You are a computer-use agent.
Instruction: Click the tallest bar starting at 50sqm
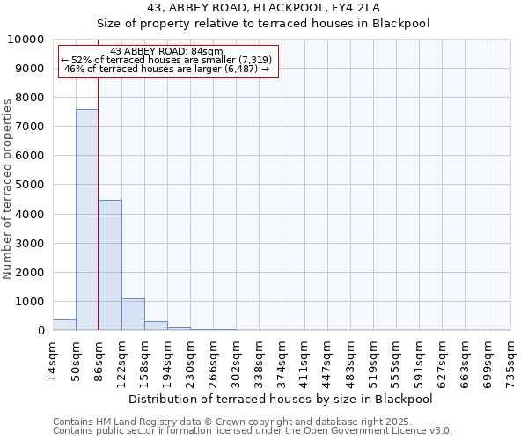[87, 220]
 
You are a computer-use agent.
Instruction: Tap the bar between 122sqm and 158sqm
[133, 314]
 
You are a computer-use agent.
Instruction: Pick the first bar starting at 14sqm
[64, 325]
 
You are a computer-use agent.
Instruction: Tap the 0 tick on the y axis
[42, 331]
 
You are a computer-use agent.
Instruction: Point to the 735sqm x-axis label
[510, 360]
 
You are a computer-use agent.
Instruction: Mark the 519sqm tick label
[373, 360]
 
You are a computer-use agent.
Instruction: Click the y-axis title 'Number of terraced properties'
[9, 189]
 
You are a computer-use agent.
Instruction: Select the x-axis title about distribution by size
[281, 399]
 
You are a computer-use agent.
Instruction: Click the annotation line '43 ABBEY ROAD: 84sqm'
[167, 52]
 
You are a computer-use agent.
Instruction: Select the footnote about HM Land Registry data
[252, 422]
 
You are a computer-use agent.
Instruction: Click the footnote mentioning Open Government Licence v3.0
[252, 431]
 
